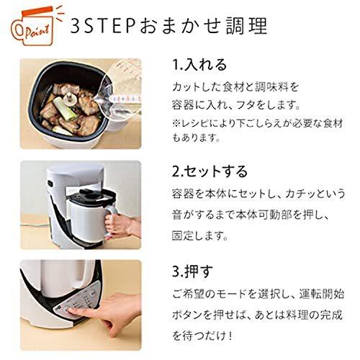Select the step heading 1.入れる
199,66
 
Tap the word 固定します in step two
202,235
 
